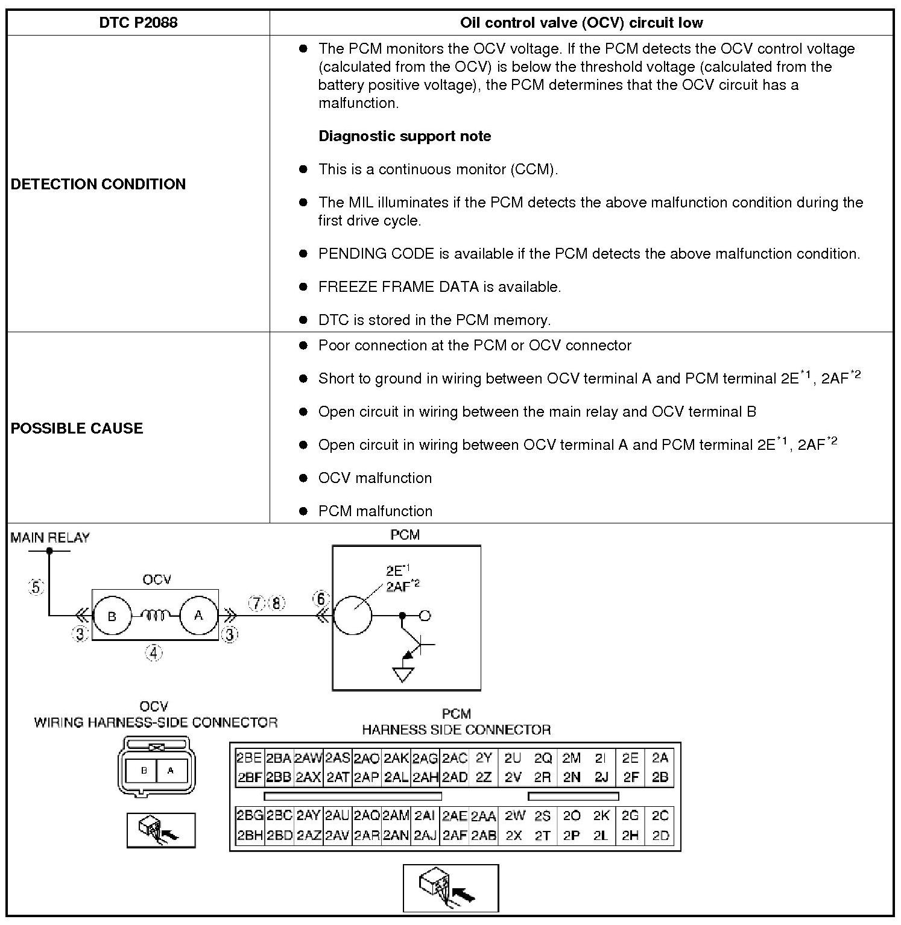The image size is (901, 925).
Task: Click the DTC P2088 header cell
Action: click(x=138, y=23)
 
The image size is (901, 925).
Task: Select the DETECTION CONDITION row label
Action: click(x=98, y=184)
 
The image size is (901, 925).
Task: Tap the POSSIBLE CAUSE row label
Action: click(x=77, y=428)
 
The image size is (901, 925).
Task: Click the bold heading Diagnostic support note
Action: click(x=405, y=136)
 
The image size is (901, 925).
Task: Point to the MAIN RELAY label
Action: click(x=50, y=538)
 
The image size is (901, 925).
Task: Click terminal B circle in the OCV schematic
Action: click(x=112, y=616)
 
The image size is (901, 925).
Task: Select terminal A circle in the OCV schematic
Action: click(x=198, y=616)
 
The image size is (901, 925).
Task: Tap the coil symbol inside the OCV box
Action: click(x=155, y=615)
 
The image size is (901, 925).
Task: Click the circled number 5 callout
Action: click(x=36, y=587)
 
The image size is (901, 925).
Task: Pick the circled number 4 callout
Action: click(x=154, y=652)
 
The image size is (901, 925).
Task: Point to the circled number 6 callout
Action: click(x=321, y=599)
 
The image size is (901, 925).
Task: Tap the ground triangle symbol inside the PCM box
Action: click(x=403, y=674)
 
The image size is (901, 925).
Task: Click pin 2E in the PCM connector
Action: click(x=630, y=758)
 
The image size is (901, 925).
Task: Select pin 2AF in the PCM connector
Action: click(x=455, y=836)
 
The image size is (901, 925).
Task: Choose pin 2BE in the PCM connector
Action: click(x=248, y=758)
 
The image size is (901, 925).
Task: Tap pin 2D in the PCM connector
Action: click(x=660, y=836)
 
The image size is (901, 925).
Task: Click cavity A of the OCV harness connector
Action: click(x=171, y=770)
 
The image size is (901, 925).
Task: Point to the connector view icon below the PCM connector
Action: click(x=450, y=888)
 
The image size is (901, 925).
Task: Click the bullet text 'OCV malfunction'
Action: click(x=375, y=478)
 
